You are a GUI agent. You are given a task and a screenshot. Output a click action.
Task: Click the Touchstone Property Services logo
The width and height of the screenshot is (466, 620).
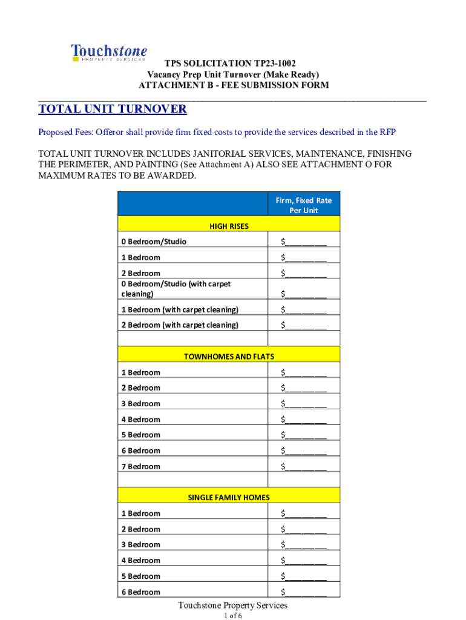point(109,53)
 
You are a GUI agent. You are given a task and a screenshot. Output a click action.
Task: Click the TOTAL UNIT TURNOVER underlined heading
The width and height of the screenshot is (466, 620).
point(113,109)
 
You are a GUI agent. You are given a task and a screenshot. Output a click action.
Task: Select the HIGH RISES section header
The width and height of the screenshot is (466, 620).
point(229,226)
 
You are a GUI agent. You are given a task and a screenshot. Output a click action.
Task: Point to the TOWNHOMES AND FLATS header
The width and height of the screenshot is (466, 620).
point(229,357)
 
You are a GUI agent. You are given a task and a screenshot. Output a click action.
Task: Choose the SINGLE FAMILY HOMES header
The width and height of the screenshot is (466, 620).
point(229,498)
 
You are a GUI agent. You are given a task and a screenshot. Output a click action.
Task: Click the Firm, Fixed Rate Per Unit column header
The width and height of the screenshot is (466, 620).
point(304,205)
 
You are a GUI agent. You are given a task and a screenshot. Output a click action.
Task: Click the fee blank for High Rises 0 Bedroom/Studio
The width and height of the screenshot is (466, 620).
point(304,242)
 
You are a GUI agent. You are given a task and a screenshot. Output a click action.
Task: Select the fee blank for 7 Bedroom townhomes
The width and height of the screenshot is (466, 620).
point(304,467)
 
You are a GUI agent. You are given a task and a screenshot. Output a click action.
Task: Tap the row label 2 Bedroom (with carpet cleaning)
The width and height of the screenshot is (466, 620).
point(180,325)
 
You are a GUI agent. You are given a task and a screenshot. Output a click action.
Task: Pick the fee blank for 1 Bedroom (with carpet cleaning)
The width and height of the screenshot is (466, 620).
point(304,310)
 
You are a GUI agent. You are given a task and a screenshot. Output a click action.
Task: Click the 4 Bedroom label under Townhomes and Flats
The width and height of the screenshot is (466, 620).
point(141,420)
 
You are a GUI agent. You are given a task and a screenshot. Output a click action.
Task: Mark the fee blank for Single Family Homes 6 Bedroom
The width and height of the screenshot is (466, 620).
point(304,592)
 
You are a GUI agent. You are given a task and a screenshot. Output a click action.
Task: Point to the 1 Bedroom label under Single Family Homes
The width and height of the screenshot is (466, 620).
point(141,513)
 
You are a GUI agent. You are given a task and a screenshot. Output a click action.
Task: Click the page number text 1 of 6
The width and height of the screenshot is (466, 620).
point(233,616)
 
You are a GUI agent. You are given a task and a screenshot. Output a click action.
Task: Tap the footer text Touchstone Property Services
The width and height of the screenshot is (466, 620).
point(233,605)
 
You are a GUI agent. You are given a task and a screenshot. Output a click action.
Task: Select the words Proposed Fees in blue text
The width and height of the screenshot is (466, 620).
point(66,132)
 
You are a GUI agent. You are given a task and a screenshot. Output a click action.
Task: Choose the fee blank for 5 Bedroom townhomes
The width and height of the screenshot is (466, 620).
point(304,435)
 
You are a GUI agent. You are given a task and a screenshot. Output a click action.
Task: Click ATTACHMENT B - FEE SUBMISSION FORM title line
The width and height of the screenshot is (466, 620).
point(234,85)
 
